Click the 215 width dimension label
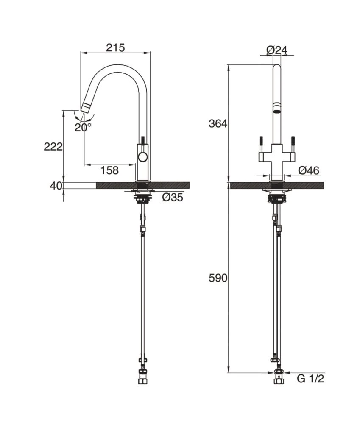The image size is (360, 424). (115, 47)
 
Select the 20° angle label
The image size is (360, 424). (83, 127)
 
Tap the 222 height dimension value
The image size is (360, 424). (53, 147)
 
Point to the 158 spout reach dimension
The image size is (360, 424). (109, 171)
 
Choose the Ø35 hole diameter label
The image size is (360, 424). (173, 197)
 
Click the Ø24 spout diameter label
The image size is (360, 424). (277, 50)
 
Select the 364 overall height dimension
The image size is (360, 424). (218, 124)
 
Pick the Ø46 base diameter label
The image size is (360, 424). (309, 170)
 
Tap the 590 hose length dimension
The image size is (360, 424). (218, 278)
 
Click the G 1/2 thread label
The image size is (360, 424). (310, 379)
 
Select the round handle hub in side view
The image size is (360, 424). (143, 158)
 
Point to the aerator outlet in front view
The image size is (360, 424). (276, 112)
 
